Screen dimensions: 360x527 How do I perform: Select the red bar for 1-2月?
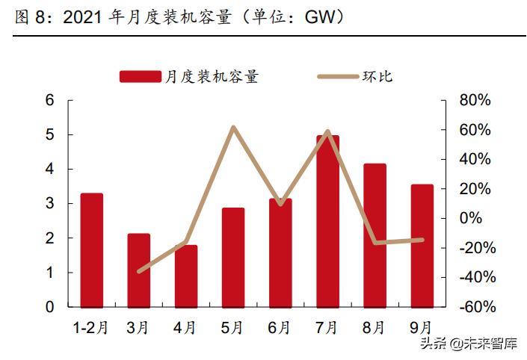click(x=91, y=250)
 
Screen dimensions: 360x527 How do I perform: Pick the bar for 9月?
click(x=422, y=246)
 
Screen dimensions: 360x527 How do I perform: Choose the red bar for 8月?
click(x=375, y=235)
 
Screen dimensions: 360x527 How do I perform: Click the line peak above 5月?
click(x=233, y=128)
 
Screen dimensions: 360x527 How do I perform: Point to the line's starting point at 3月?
click(x=139, y=271)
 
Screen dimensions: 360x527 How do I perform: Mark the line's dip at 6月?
click(x=280, y=203)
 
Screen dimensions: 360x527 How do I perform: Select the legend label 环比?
click(x=378, y=77)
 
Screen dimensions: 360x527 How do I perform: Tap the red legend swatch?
click(x=140, y=77)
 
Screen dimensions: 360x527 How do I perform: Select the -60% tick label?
click(x=475, y=307)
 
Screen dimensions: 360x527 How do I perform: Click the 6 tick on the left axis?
click(x=51, y=100)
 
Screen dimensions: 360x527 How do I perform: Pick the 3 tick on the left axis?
click(x=51, y=204)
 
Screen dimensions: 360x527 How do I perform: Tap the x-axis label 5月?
click(x=232, y=327)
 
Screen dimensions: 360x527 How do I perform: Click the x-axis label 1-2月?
click(x=90, y=327)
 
